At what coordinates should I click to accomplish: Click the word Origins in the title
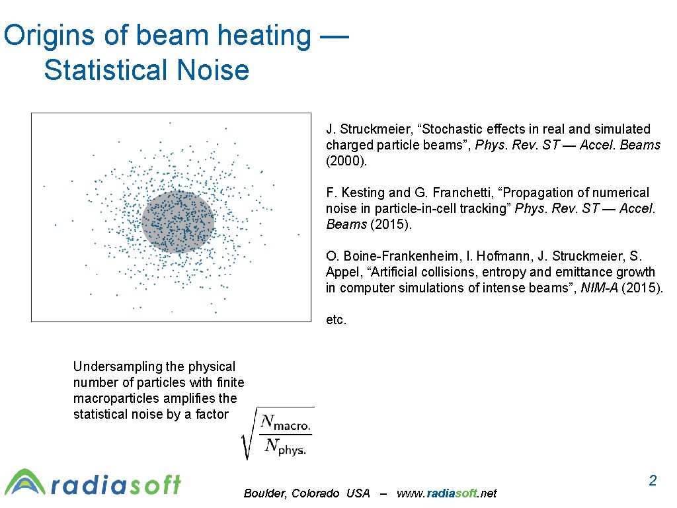point(48,36)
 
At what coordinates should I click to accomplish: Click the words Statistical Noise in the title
point(146,70)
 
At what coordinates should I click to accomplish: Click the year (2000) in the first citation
point(346,161)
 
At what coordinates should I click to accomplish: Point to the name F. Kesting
point(355,192)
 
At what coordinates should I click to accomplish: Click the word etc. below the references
point(336,320)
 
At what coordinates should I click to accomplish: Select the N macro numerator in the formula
point(285,422)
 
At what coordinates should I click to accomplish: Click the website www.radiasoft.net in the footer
point(446,493)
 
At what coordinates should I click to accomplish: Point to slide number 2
point(653,481)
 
